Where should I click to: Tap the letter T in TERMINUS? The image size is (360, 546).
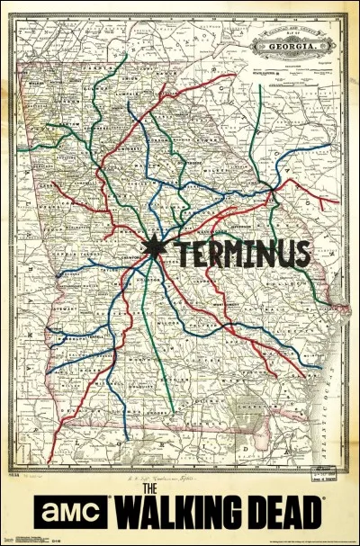181,254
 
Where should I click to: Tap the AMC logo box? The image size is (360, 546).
71,514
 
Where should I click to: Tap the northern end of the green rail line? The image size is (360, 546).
127,57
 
